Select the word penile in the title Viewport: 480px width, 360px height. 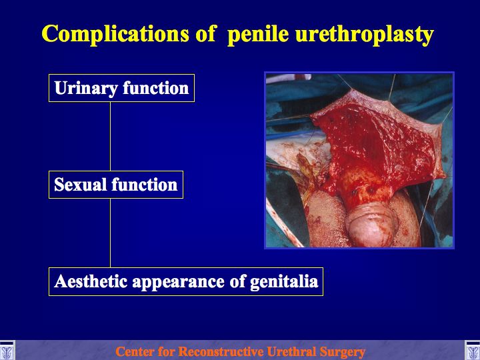tap(258, 34)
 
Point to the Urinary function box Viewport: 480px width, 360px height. tap(121, 88)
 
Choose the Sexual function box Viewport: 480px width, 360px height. tap(116, 185)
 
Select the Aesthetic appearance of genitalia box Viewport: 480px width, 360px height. tap(186, 281)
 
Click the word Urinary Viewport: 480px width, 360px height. tap(86, 89)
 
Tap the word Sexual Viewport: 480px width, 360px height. tap(81, 185)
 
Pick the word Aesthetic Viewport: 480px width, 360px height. tap(91, 281)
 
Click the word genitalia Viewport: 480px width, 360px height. tap(284, 281)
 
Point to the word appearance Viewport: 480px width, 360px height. tap(178, 282)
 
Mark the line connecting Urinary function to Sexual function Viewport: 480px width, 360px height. tap(110, 136)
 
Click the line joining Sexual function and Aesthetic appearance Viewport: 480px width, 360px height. tap(110, 233)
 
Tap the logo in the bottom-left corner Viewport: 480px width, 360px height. tap(7, 350)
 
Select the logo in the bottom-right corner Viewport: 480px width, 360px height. tap(473, 350)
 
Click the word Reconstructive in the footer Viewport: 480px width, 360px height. tap(221, 351)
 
